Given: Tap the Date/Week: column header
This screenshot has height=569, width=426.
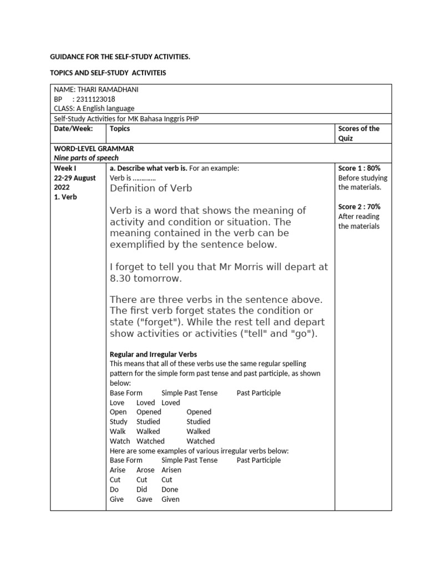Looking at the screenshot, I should (x=72, y=129).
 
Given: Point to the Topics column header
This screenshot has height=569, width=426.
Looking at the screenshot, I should (x=120, y=129).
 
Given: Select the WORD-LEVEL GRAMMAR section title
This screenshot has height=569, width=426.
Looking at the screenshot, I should (x=94, y=149).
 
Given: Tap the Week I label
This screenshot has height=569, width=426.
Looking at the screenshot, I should (x=64, y=168).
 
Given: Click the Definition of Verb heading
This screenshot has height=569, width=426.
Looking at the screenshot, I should (x=151, y=188).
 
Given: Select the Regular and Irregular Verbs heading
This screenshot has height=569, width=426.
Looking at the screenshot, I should (x=153, y=354).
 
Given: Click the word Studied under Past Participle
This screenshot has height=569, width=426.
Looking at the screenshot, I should (x=198, y=422).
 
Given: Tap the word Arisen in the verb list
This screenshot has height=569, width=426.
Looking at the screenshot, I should (x=171, y=470).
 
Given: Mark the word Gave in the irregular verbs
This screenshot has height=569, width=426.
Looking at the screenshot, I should (x=144, y=499).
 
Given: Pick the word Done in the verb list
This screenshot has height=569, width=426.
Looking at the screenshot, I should (x=170, y=490).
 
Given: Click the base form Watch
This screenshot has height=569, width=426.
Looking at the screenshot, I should (x=120, y=441).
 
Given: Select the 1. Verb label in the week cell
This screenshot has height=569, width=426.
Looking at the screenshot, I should (x=65, y=197).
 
